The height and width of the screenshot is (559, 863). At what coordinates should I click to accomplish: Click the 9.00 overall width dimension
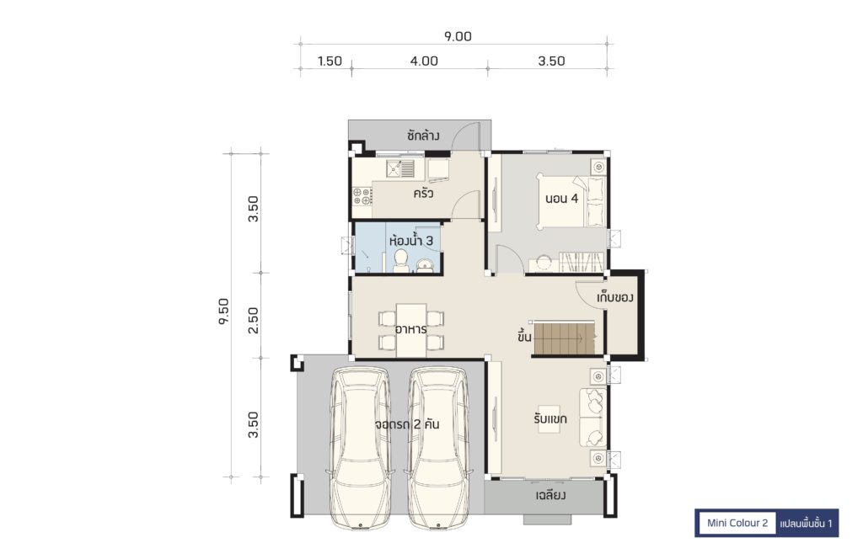tap(458, 36)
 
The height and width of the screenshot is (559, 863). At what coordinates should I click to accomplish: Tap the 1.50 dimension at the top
tap(330, 61)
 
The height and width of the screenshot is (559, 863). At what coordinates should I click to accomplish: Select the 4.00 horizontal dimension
tap(424, 61)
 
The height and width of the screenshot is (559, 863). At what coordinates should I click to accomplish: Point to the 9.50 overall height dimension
tap(223, 311)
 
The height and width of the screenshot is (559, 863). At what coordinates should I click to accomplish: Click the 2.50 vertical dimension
tap(253, 320)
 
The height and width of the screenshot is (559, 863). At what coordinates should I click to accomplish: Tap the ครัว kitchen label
tap(423, 194)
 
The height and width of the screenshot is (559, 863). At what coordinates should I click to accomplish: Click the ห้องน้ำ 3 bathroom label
tap(411, 241)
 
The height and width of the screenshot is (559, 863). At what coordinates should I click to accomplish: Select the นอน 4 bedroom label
tap(561, 199)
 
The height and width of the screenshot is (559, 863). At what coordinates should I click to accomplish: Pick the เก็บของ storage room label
tap(614, 297)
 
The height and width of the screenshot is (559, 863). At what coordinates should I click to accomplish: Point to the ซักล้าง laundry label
tap(423, 136)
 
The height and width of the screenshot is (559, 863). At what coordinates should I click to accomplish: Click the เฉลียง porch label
tap(550, 496)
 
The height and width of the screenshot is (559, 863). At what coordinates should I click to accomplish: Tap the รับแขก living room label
tap(549, 419)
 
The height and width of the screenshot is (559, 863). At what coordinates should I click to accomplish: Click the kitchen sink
tap(400, 168)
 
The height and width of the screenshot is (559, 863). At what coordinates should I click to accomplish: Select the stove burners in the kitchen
tap(362, 196)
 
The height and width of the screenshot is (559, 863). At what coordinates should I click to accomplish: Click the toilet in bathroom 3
tap(401, 261)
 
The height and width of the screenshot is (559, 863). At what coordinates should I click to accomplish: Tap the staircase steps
tap(565, 338)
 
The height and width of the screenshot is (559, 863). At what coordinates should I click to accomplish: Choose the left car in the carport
tap(360, 447)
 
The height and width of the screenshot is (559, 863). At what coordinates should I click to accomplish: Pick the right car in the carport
tap(438, 447)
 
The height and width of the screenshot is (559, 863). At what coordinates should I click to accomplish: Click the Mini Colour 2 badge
tap(737, 523)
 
